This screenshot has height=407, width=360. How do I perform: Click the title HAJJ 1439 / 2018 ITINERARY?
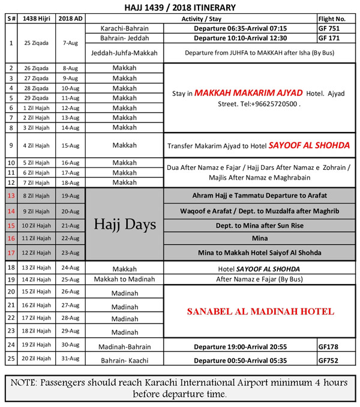coord(180,7)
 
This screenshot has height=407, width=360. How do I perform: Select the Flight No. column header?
coord(334,18)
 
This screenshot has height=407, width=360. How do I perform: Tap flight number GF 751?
coord(329,28)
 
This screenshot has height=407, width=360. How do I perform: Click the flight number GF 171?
coord(329,37)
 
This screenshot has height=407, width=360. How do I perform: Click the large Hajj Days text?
coord(125,225)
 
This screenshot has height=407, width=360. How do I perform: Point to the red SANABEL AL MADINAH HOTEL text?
coord(260,312)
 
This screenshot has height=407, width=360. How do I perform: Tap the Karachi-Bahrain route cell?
coord(125,28)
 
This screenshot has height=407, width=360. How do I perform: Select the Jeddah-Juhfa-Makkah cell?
coord(125,53)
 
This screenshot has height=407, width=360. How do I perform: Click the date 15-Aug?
coord(71,145)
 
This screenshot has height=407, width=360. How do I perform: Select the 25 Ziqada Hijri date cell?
coord(37,43)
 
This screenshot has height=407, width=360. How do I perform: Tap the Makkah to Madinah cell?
coord(125,279)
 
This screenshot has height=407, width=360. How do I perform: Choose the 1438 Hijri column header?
coord(37,18)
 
